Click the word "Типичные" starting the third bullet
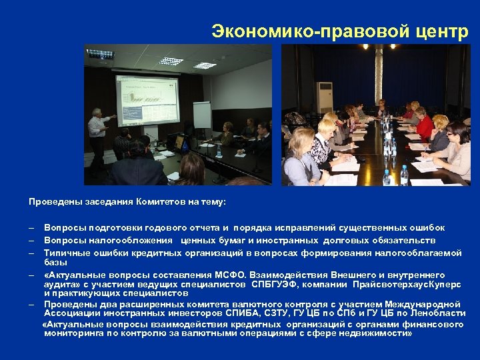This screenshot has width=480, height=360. [65, 253]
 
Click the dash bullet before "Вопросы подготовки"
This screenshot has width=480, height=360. [31, 228]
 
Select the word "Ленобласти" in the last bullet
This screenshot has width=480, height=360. [435, 313]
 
